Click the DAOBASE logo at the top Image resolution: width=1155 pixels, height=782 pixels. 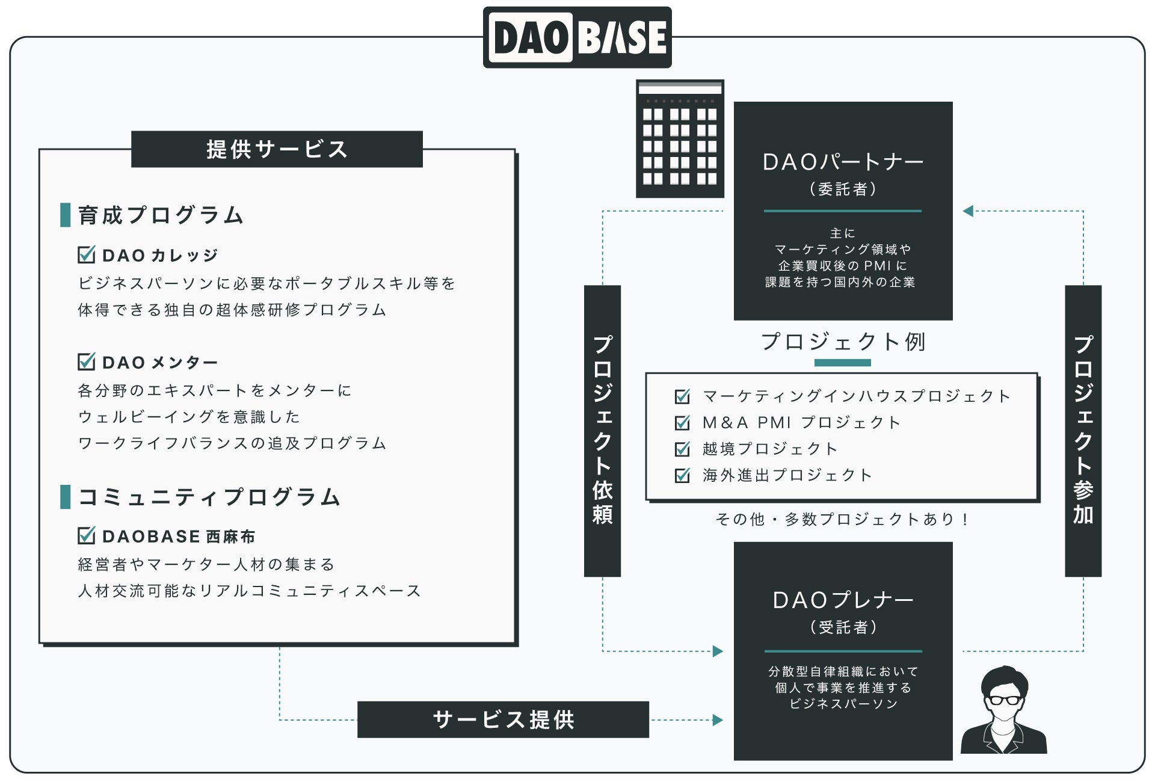577,37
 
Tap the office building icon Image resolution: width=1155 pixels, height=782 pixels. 680,139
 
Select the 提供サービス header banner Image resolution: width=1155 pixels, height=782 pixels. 277,149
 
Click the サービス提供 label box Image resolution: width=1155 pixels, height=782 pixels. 503,719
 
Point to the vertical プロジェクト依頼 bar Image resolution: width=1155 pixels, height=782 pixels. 602,431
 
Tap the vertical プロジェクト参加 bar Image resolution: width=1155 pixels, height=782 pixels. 1083,431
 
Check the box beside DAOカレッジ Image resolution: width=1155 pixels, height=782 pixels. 87,254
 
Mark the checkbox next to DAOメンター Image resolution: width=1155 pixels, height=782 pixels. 87,362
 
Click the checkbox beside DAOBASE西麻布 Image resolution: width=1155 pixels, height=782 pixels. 87,535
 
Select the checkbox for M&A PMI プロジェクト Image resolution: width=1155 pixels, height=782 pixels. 682,423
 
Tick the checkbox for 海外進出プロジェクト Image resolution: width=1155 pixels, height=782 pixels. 682,475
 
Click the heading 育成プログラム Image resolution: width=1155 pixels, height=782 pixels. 161,215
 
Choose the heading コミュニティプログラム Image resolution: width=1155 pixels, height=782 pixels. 209,497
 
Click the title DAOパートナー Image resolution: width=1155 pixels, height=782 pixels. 843,162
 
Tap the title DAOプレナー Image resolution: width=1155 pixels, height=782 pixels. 843,600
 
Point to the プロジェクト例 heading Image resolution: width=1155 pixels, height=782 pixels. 843,342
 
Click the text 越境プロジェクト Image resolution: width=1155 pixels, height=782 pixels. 770,449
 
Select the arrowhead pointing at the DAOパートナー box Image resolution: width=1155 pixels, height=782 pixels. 968,211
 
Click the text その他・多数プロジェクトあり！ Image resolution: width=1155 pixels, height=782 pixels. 842,519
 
